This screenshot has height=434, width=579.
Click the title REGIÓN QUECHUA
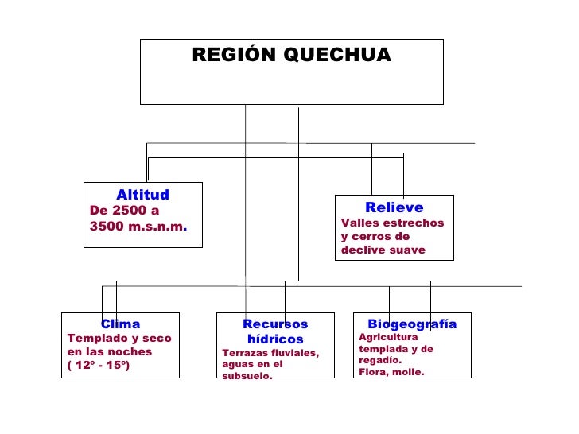(x=291, y=56)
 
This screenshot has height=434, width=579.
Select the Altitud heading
(x=142, y=195)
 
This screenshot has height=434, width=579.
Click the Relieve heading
(x=394, y=208)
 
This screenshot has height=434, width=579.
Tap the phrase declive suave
(x=383, y=250)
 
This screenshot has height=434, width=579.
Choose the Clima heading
(x=120, y=324)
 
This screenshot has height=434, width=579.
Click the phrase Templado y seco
(x=119, y=338)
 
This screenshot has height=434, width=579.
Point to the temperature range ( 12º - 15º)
(x=98, y=365)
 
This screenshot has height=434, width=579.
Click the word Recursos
(x=274, y=324)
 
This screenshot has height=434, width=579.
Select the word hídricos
(x=274, y=339)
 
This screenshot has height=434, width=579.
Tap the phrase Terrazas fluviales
(x=270, y=353)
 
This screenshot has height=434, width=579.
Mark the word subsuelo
(x=247, y=376)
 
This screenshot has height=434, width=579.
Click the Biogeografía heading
(x=412, y=324)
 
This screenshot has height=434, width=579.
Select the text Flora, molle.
(x=391, y=371)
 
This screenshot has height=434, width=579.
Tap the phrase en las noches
(x=110, y=351)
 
